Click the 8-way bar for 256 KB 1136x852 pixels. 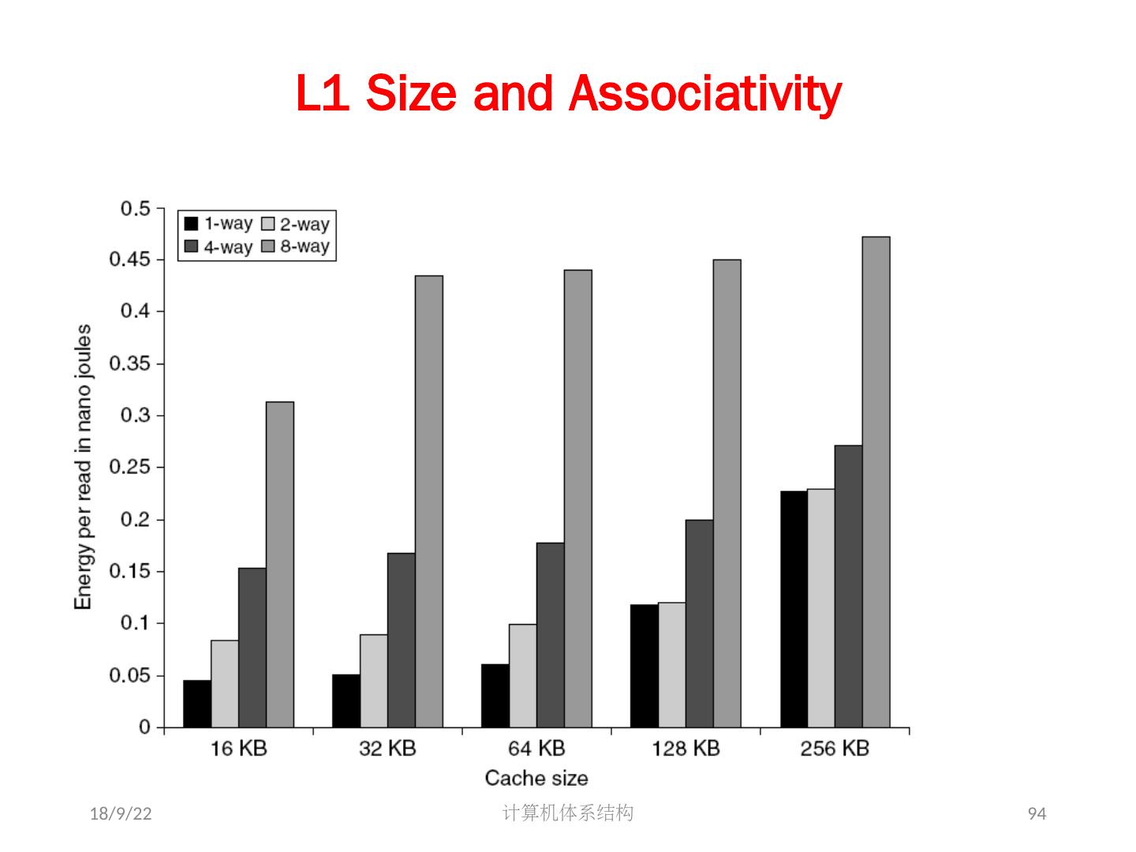876,482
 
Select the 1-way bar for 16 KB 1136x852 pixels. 197,704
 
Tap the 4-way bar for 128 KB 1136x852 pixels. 699,623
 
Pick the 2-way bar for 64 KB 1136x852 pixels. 523,675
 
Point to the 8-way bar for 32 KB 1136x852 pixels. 429,502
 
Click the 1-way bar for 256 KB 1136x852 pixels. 794,609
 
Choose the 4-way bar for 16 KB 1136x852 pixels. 252,648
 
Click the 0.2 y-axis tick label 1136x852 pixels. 135,519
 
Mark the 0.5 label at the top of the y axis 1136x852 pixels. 135,209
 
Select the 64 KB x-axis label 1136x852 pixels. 536,748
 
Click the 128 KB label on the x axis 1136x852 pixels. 686,748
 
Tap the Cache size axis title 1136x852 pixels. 536,779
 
